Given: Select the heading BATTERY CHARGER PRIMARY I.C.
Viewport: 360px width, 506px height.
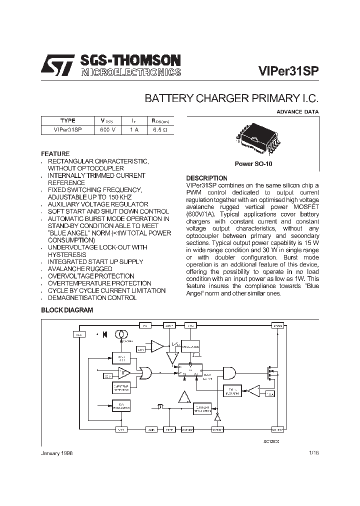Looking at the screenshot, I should click(x=231, y=98).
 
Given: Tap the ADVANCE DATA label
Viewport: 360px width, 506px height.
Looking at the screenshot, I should click(x=297, y=112).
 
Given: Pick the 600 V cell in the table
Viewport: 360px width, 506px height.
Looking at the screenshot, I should click(x=107, y=129).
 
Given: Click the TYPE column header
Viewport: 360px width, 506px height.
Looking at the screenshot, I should click(x=67, y=120).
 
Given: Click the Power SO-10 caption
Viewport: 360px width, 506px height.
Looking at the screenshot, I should click(x=253, y=163).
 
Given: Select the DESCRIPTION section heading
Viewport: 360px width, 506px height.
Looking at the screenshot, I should click(x=206, y=178).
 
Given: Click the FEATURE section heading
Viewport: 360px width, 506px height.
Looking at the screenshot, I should click(x=55, y=153).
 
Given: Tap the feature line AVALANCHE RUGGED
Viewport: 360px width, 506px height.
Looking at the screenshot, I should click(x=80, y=269).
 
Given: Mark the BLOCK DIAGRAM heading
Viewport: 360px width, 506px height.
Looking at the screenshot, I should click(x=67, y=310).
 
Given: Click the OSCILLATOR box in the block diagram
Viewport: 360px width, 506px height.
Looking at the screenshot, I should click(x=190, y=346).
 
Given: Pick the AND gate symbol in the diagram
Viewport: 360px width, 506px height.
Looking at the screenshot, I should click(x=229, y=373).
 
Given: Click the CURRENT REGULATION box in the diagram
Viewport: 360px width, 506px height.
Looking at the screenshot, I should click(x=203, y=408).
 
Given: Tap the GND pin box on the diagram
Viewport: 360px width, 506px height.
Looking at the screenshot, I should click(x=151, y=429).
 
